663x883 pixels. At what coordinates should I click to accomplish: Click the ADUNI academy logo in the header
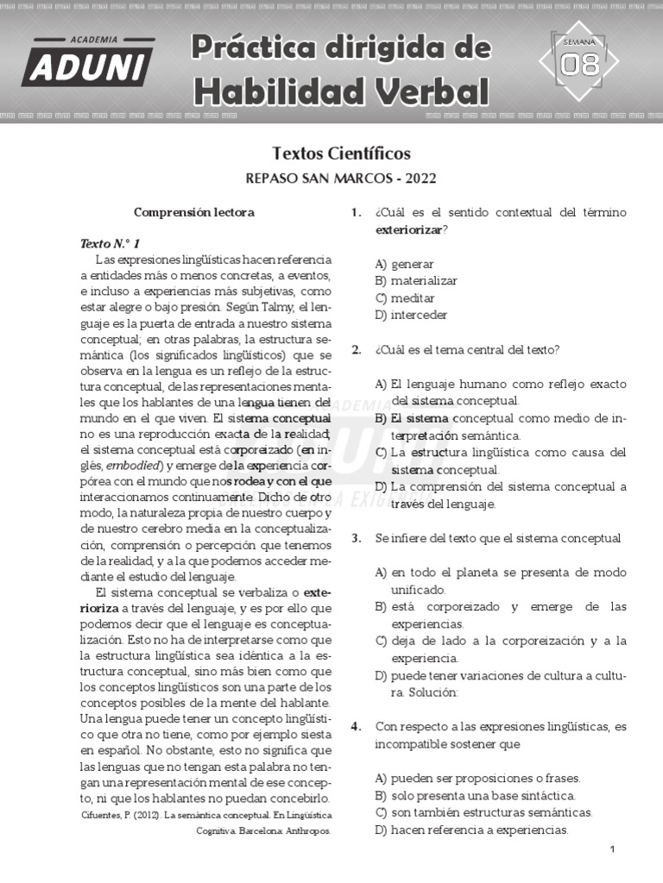(x=88, y=61)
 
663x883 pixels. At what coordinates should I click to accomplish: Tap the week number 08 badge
(x=579, y=63)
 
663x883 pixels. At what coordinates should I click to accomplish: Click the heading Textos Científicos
(x=341, y=153)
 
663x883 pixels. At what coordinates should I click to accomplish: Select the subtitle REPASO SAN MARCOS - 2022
(x=341, y=178)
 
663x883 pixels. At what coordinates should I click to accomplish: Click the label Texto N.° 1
(x=109, y=243)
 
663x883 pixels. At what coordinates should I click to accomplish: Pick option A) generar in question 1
(x=404, y=264)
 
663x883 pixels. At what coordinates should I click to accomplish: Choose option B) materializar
(x=415, y=281)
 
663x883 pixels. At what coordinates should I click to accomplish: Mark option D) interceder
(x=411, y=316)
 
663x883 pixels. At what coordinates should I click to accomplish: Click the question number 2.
(x=356, y=350)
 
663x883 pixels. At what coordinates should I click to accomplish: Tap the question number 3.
(x=356, y=538)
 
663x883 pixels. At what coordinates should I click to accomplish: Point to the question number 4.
(x=356, y=727)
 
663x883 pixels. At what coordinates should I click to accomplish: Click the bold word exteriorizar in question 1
(x=409, y=230)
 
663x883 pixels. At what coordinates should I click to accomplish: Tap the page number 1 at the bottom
(x=611, y=850)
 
